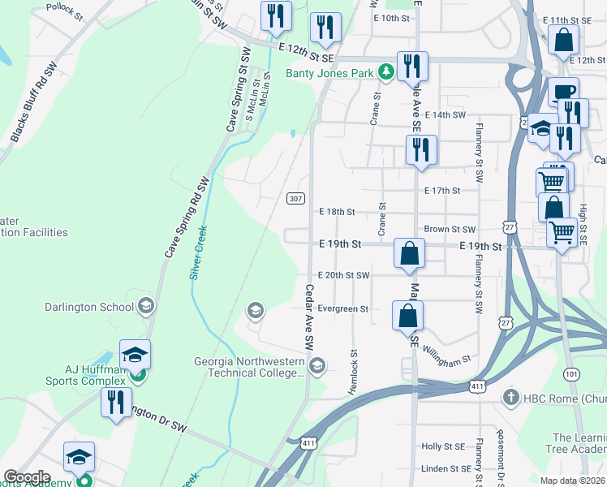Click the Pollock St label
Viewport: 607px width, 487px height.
coord(64,11)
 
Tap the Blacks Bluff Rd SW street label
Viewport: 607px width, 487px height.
coord(32,103)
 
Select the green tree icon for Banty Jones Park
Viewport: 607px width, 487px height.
coord(387,73)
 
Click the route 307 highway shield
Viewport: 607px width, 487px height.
coord(296,198)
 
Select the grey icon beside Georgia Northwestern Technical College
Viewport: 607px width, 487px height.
coord(317,366)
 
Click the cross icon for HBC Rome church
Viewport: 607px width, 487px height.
coord(510,398)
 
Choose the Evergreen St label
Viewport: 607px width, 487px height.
coord(343,309)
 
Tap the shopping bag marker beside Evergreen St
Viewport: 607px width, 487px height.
coord(408,316)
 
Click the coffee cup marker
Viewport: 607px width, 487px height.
coord(563,92)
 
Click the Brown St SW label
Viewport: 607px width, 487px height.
coord(450,230)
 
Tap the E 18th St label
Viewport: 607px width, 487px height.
coord(337,212)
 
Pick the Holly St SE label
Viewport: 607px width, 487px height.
coord(442,446)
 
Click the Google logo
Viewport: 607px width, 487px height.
coord(27,476)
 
